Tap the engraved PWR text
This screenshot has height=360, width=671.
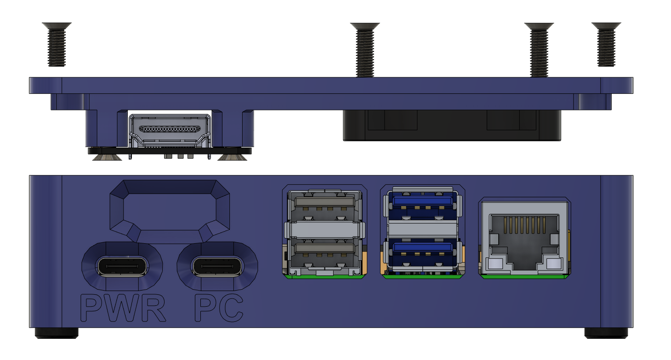click(123, 309)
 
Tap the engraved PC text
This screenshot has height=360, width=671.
click(219, 309)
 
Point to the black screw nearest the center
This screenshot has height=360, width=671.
click(365, 49)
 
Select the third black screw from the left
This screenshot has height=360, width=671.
click(539, 49)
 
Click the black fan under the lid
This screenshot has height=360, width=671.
click(452, 125)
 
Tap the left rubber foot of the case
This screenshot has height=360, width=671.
click(57, 333)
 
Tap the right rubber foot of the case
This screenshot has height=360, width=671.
click(606, 333)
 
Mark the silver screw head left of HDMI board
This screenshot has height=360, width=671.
click(107, 158)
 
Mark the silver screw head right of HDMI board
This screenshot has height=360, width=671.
click(233, 158)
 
